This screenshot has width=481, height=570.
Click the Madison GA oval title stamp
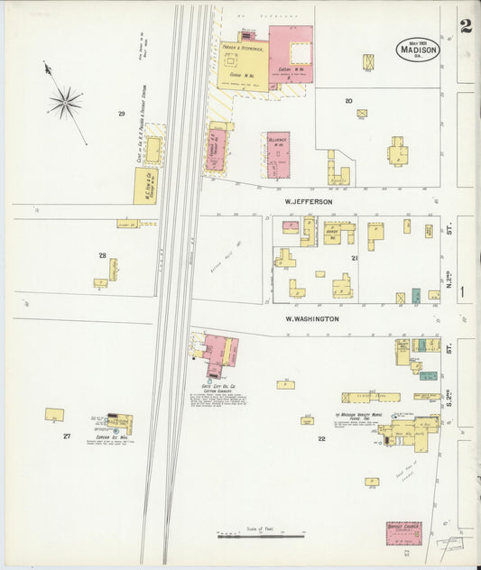coord(418,49)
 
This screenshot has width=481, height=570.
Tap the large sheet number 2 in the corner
coord(465,26)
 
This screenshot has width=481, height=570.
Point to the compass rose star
coord(65,102)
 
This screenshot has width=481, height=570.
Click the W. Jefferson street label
coord(310,202)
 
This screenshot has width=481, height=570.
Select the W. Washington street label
coord(312,318)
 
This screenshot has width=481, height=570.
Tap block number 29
coord(121,114)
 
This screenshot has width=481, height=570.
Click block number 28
coord(102,255)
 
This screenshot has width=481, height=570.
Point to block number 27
coord(66,436)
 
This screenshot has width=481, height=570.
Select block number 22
coord(321,439)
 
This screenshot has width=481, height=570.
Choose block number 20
coord(348,101)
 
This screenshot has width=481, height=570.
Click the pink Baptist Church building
coord(404,533)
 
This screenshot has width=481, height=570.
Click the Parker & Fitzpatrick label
coord(241,48)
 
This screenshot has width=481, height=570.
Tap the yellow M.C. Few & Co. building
coord(146,186)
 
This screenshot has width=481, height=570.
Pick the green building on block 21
coord(416,295)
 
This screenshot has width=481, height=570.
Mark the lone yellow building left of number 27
coord(54,415)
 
